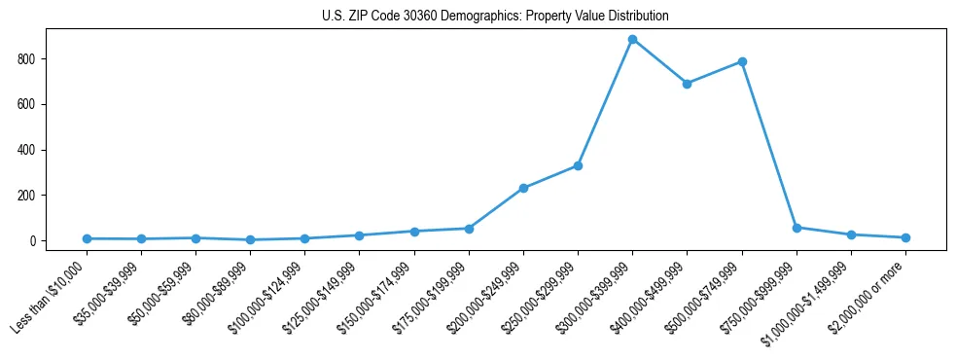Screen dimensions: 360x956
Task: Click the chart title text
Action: pyautogui.click(x=495, y=17)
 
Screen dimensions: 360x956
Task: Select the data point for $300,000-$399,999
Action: pyautogui.click(x=632, y=40)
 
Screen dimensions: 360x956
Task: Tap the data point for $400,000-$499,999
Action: pyautogui.click(x=687, y=84)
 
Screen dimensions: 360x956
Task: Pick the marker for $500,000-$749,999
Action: pyautogui.click(x=742, y=61)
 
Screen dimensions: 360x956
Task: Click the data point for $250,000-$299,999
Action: pyautogui.click(x=578, y=165)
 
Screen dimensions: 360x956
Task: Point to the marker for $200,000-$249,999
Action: pyautogui.click(x=523, y=188)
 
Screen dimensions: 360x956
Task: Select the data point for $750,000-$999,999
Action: pyautogui.click(x=797, y=228)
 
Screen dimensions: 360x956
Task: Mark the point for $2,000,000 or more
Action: pyautogui.click(x=905, y=237)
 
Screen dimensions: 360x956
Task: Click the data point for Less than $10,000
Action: pyautogui.click(x=87, y=238)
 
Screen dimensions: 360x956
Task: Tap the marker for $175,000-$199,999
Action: pyautogui.click(x=469, y=229)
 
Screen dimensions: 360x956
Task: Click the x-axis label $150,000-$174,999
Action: pyautogui.click(x=378, y=296)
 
